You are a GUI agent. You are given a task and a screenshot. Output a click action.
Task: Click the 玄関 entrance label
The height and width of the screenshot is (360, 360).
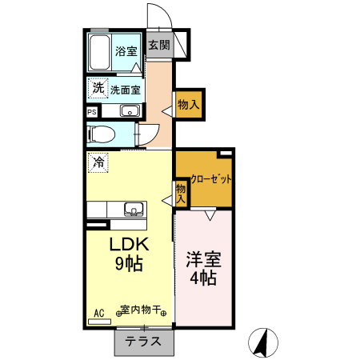coord(158,46)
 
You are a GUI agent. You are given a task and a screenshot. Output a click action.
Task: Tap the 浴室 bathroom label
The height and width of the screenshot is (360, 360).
coord(126,52)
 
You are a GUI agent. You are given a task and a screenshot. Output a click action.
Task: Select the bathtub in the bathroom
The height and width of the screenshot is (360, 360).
coord(98,52)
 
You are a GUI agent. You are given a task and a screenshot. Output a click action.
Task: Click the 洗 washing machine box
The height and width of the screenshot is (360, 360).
coord(98,86)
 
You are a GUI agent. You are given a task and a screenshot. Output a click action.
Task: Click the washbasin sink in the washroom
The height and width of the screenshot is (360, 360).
coord(130,111)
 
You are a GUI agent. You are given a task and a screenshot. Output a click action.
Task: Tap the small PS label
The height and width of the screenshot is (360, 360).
coord(92,112)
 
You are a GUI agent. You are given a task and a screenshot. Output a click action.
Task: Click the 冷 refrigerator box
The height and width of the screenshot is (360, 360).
coord(98,162)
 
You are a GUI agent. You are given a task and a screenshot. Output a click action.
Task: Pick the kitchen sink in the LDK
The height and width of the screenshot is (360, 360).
coord(132,210)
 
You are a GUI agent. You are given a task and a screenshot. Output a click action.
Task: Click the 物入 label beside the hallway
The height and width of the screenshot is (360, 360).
coord(189,104)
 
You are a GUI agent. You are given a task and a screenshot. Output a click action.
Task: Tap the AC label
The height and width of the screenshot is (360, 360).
coord(99,312)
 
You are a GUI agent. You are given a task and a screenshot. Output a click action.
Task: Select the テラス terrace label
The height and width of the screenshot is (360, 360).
coord(144,342)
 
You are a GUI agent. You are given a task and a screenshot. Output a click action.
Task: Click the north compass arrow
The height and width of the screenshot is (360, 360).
coord(261,342)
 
